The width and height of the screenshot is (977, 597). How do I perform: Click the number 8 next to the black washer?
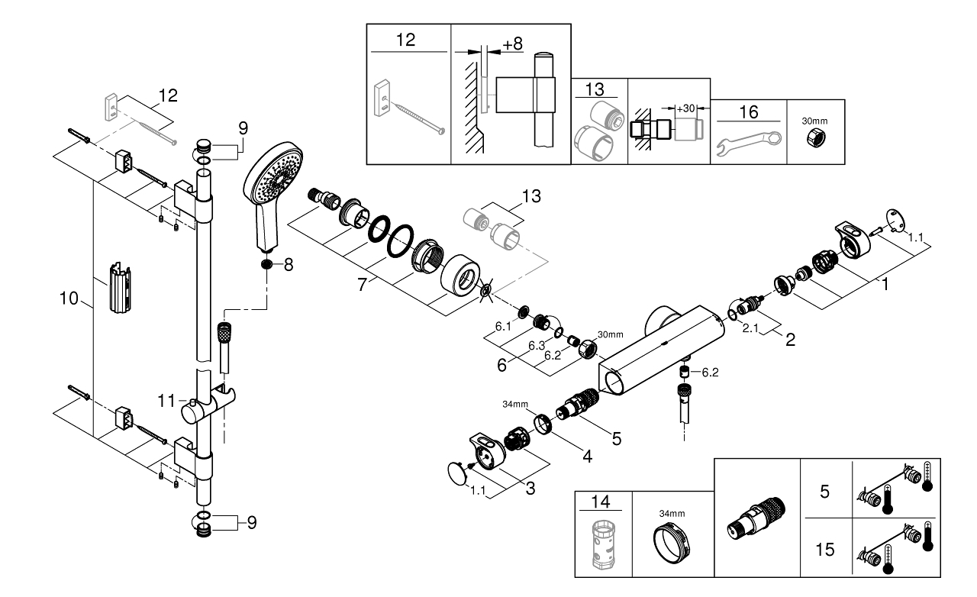[x=288, y=265]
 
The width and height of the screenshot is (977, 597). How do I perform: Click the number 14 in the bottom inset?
[x=603, y=502]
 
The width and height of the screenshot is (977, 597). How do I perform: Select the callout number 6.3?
[x=537, y=345]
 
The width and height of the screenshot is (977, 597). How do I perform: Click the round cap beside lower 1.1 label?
[x=457, y=473]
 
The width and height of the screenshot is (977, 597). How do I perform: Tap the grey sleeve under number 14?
[x=603, y=545]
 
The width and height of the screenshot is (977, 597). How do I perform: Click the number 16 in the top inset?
[x=749, y=112]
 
